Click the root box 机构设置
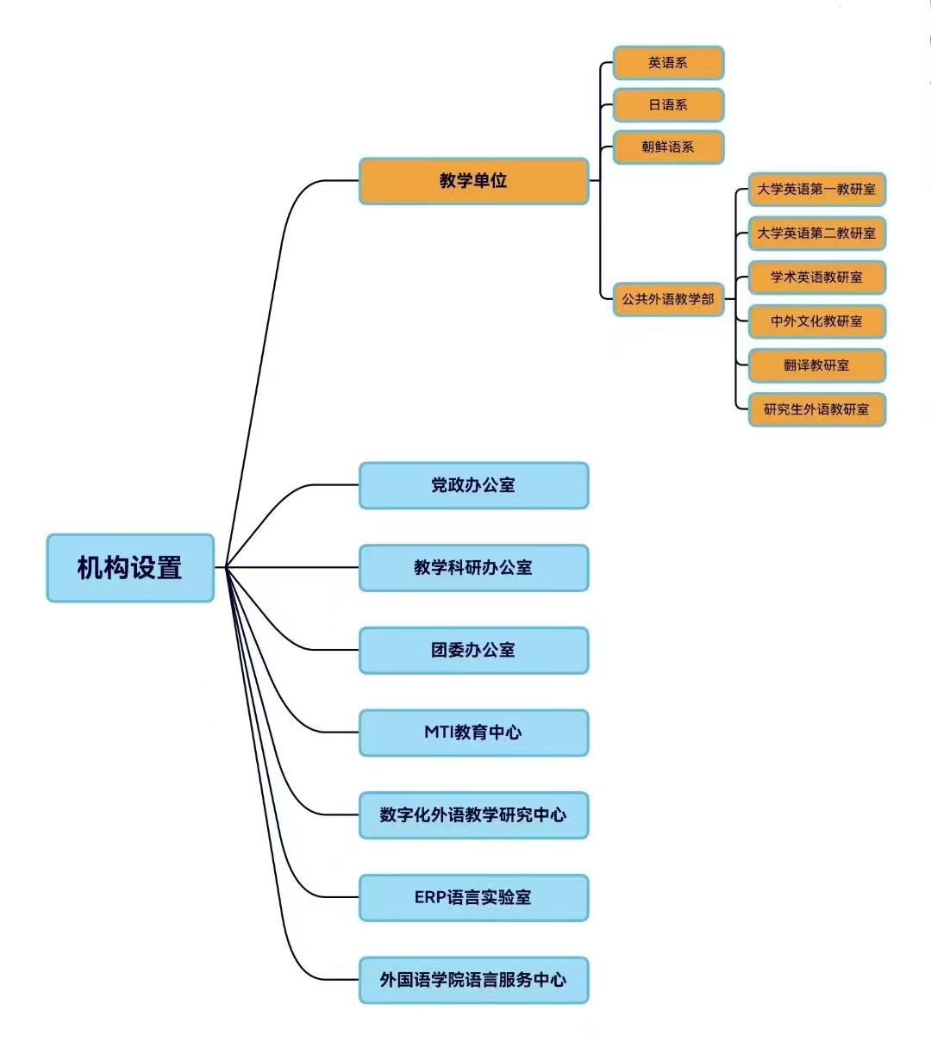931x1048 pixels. point(130,568)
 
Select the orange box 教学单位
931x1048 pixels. point(473,181)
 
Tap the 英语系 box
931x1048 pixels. point(668,63)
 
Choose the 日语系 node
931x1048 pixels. point(668,105)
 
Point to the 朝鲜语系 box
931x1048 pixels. point(668,147)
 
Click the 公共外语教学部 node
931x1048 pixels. point(668,299)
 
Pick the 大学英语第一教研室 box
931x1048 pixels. point(816,190)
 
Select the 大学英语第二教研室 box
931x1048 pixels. point(816,234)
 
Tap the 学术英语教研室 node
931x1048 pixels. point(816,278)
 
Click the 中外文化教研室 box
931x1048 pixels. point(816,321)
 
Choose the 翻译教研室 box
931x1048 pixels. point(816,365)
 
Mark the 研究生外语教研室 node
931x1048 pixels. point(816,409)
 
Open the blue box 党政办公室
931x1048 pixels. point(473,485)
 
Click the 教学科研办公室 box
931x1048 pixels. point(473,568)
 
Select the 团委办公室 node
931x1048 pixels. point(473,650)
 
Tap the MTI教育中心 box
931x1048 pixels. point(473,733)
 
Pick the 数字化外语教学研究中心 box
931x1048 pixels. point(473,815)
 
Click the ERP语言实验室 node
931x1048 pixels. point(473,897)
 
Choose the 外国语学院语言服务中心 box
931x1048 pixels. point(473,980)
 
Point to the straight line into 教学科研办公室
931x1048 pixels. point(293,567)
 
